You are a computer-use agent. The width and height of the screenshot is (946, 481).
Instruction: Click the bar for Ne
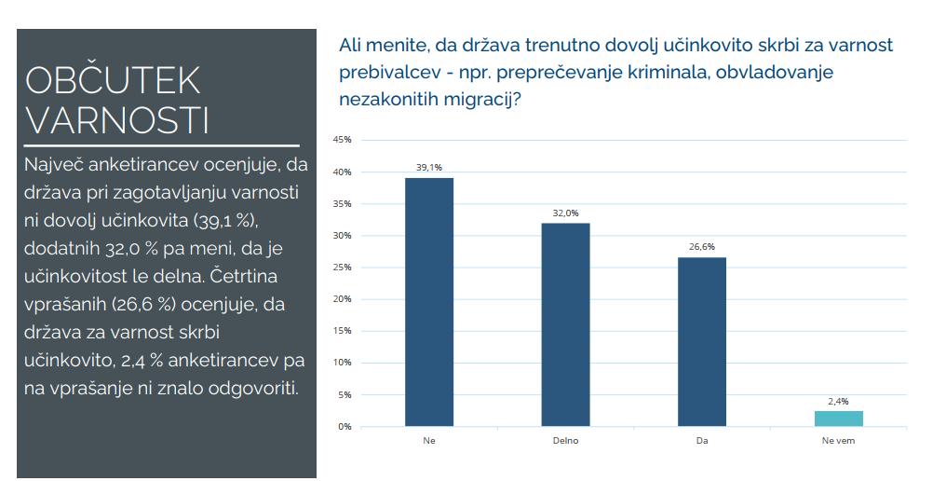[428, 302]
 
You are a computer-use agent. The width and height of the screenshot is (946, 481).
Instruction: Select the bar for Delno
[565, 324]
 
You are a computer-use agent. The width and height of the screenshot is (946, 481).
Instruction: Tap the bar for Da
[701, 342]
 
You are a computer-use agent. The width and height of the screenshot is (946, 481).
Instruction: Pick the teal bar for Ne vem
[838, 419]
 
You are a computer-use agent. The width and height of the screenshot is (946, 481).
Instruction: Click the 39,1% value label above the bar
[428, 168]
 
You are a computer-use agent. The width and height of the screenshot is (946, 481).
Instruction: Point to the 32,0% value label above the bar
[565, 213]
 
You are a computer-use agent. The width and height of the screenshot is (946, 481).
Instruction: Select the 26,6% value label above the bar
[701, 248]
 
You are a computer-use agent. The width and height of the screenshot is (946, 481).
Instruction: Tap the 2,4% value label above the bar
[838, 401]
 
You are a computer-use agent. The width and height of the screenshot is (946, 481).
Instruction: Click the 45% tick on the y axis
[342, 140]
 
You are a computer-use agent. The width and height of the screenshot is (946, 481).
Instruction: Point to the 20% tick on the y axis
[342, 299]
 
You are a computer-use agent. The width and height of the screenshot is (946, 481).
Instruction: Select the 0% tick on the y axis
[344, 427]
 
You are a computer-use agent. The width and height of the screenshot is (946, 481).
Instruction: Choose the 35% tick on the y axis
[342, 204]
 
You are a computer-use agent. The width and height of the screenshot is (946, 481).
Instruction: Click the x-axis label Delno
[565, 440]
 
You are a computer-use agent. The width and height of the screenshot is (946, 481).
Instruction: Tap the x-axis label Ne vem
[838, 440]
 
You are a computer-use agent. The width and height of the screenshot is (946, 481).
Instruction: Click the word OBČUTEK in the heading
[113, 81]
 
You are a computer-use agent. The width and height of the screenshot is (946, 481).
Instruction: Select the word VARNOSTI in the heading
[116, 120]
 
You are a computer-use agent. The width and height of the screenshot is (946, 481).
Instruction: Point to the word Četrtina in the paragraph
[245, 277]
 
